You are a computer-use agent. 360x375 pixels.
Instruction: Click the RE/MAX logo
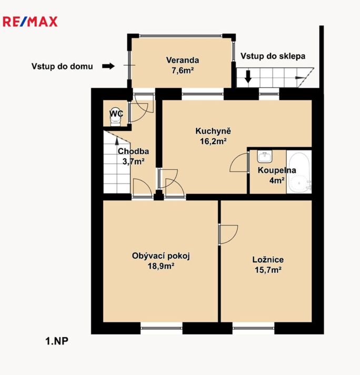(30, 22)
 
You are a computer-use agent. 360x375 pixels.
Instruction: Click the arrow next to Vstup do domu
(108, 66)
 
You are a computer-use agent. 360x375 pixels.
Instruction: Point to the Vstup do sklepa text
(273, 56)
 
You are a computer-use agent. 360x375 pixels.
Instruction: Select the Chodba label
(129, 151)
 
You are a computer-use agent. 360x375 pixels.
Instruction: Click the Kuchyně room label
(213, 131)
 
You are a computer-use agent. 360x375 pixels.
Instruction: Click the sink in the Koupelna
(265, 157)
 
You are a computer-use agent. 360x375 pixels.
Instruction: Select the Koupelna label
(276, 170)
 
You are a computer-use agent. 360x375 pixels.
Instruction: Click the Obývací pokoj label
(160, 256)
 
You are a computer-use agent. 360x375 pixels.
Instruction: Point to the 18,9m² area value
(161, 266)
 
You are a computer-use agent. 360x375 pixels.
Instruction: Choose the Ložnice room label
(268, 259)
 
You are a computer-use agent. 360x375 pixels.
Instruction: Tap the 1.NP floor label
(57, 341)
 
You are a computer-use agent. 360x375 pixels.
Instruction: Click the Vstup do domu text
(62, 66)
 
